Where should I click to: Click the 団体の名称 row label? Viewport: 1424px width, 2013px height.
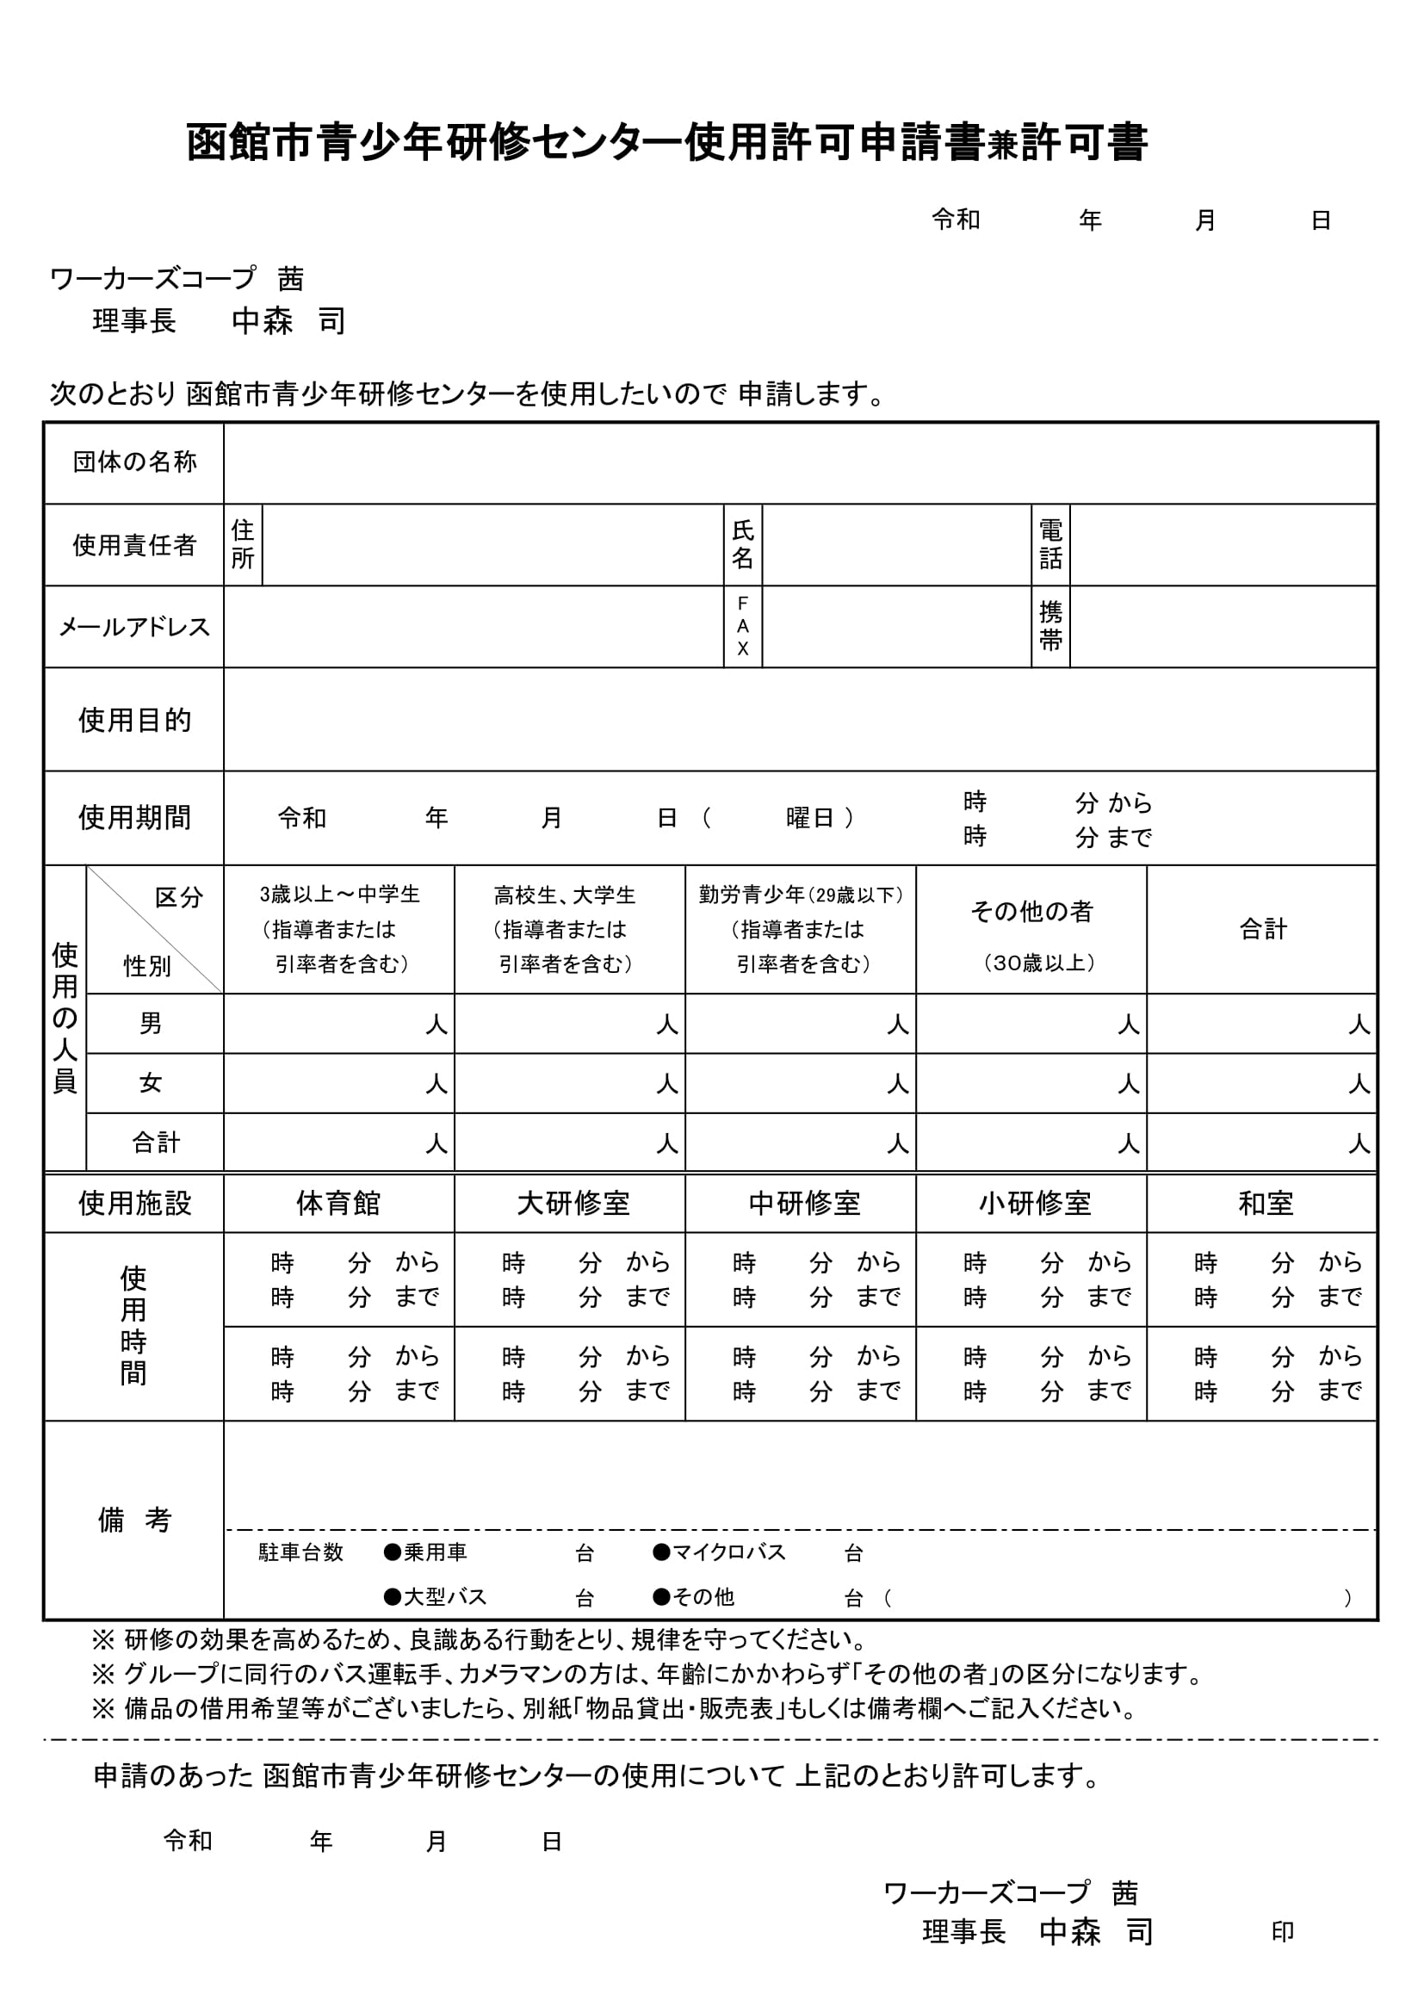tap(134, 462)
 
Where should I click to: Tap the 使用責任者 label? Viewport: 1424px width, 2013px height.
tap(134, 544)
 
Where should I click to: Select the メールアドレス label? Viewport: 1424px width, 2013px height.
tap(134, 627)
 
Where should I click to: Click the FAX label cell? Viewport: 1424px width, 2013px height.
tap(743, 626)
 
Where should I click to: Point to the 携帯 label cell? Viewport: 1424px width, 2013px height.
tap(1050, 626)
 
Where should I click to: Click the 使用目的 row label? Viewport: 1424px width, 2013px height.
tap(134, 720)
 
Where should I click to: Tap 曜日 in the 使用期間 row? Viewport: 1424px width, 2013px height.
tap(809, 818)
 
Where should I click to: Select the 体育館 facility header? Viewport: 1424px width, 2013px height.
tap(338, 1203)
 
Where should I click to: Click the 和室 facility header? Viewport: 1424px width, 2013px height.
tap(1266, 1203)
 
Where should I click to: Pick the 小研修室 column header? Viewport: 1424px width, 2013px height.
tap(1035, 1203)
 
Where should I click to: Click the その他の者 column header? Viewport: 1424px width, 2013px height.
tap(1031, 912)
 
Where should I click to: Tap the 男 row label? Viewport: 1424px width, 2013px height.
tap(151, 1023)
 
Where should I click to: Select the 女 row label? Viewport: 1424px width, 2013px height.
tap(151, 1083)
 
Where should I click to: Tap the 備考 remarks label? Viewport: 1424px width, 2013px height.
tap(134, 1520)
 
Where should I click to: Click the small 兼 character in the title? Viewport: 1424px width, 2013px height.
tap(1001, 146)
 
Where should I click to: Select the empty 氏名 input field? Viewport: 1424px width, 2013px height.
tap(896, 544)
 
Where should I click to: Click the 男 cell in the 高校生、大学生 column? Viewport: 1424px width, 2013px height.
tap(569, 1023)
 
